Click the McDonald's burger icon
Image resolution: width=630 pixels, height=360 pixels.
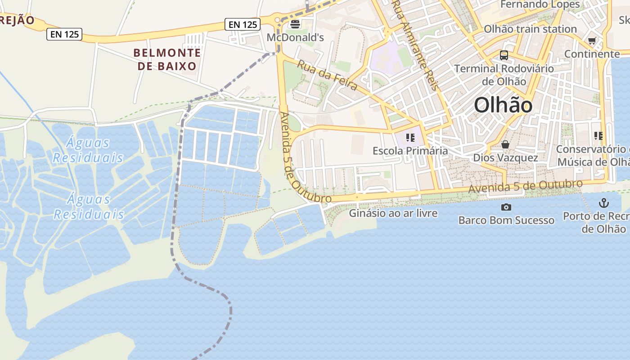[295, 24]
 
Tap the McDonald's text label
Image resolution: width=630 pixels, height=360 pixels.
[295, 37]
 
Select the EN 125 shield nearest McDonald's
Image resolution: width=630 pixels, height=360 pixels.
[243, 24]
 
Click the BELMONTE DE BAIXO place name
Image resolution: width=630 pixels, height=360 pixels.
[167, 59]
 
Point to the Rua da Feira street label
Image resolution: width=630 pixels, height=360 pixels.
[327, 75]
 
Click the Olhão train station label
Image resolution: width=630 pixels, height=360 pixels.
[530, 29]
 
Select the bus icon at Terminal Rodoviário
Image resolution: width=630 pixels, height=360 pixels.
[504, 55]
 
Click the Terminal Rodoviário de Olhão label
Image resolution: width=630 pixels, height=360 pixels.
[504, 75]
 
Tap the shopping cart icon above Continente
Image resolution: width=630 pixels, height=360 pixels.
[592, 41]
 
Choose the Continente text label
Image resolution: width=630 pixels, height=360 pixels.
[592, 54]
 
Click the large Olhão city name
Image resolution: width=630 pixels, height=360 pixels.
[503, 105]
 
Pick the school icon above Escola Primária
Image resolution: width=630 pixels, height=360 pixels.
[410, 137]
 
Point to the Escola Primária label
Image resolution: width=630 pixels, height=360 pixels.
[410, 151]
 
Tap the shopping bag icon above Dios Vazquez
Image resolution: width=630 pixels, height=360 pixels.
[505, 144]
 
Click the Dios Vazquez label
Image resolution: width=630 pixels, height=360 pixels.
[505, 158]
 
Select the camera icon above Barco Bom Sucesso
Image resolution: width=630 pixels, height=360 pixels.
[506, 207]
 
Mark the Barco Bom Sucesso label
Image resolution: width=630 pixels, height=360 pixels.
[506, 220]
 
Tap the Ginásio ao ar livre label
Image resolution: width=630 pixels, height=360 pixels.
[393, 213]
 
